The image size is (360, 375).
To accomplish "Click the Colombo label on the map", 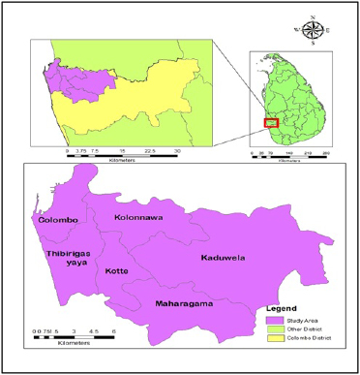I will coord(57,220).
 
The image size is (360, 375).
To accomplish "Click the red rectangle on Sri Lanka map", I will coord(272,122).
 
